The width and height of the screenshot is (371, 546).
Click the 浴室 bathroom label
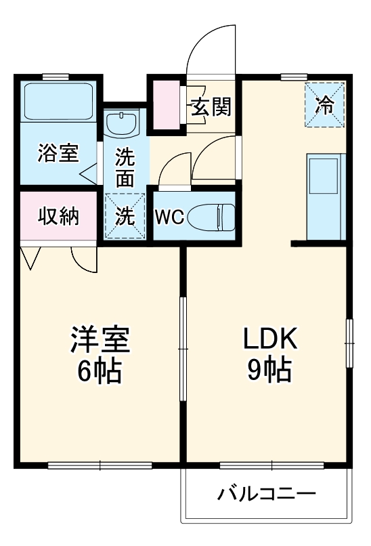click(x=58, y=153)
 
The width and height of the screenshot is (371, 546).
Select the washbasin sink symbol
click(x=123, y=123)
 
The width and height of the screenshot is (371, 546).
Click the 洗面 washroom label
click(x=125, y=167)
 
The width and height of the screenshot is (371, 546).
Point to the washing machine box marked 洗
click(x=125, y=215)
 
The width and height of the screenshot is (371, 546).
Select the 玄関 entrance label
click(x=211, y=106)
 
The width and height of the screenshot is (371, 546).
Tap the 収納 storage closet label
click(x=58, y=217)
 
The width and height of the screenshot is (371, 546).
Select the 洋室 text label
click(x=100, y=339)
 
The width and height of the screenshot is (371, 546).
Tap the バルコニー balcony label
click(x=266, y=493)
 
